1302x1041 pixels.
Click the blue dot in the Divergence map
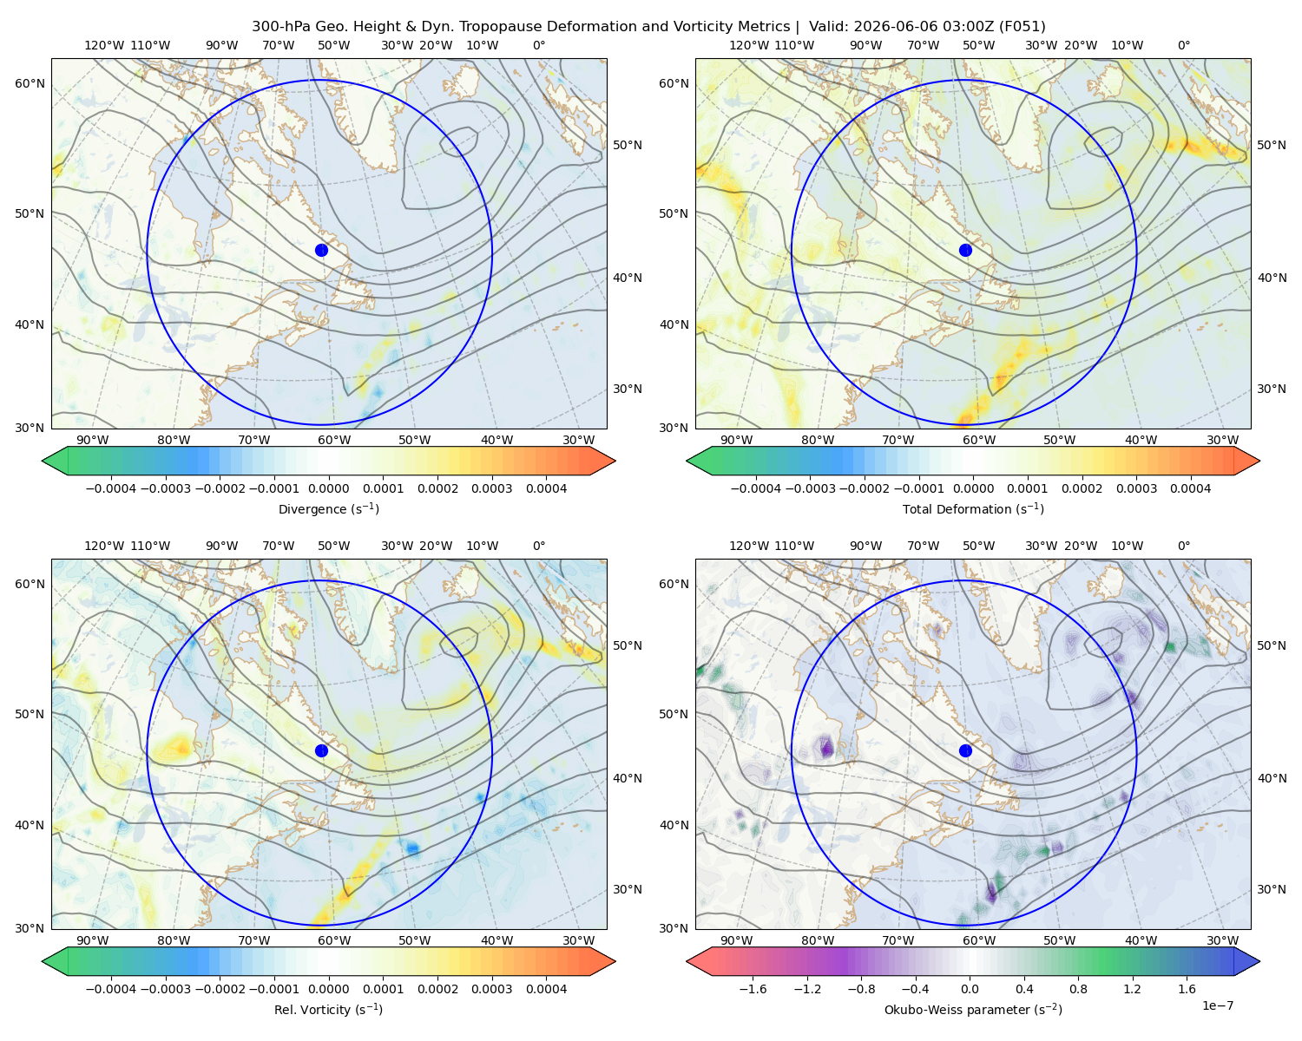coord(321,250)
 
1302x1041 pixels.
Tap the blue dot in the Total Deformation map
coord(965,250)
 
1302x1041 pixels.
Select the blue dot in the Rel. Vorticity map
coord(321,750)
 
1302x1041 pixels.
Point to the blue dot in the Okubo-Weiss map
coord(965,750)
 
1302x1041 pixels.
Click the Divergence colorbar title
coord(328,508)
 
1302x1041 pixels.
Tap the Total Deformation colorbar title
coord(973,508)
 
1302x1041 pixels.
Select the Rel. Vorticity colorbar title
coord(328,1009)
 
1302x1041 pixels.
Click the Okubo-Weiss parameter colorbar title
coord(973,1009)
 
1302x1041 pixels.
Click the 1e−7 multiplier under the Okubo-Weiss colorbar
coord(1217,1005)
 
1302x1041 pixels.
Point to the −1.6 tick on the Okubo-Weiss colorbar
coord(753,988)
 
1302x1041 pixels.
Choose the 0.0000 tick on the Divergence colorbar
coord(328,488)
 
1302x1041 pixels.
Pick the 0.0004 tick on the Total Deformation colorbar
coord(1191,488)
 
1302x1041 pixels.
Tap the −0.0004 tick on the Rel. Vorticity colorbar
coord(111,988)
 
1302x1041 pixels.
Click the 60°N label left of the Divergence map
coord(30,83)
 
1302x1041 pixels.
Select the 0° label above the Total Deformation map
coord(1184,45)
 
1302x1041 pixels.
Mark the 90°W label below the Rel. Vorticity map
coord(93,940)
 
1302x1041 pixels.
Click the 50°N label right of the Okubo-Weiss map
coord(1272,645)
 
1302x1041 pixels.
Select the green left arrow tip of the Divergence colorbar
coord(43,461)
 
